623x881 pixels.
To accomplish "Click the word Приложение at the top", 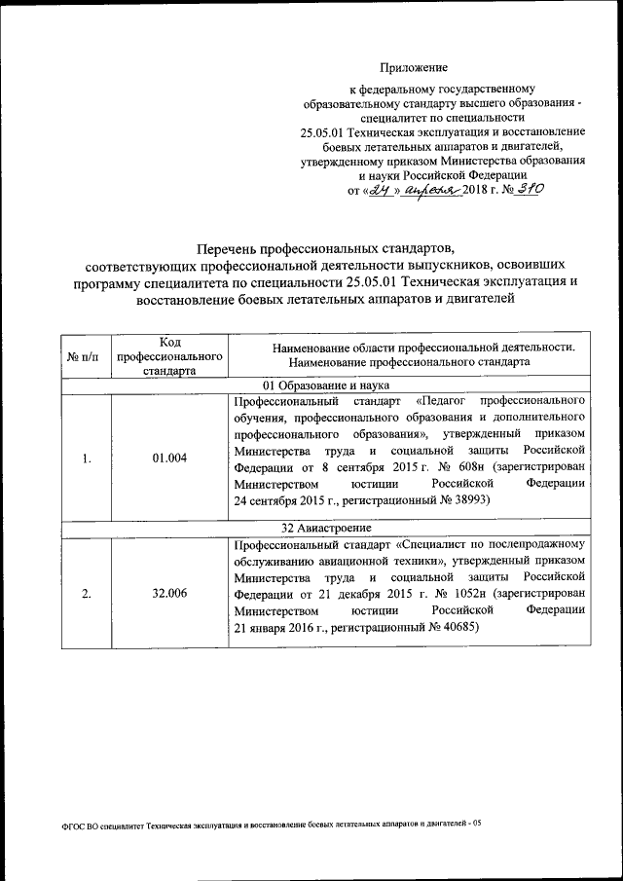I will [x=414, y=68].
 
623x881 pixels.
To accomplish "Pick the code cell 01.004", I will [x=170, y=459].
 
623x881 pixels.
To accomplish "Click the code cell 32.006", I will [x=170, y=593].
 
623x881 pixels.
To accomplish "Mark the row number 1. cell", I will [x=87, y=459].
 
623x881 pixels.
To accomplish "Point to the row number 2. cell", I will [x=87, y=593].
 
